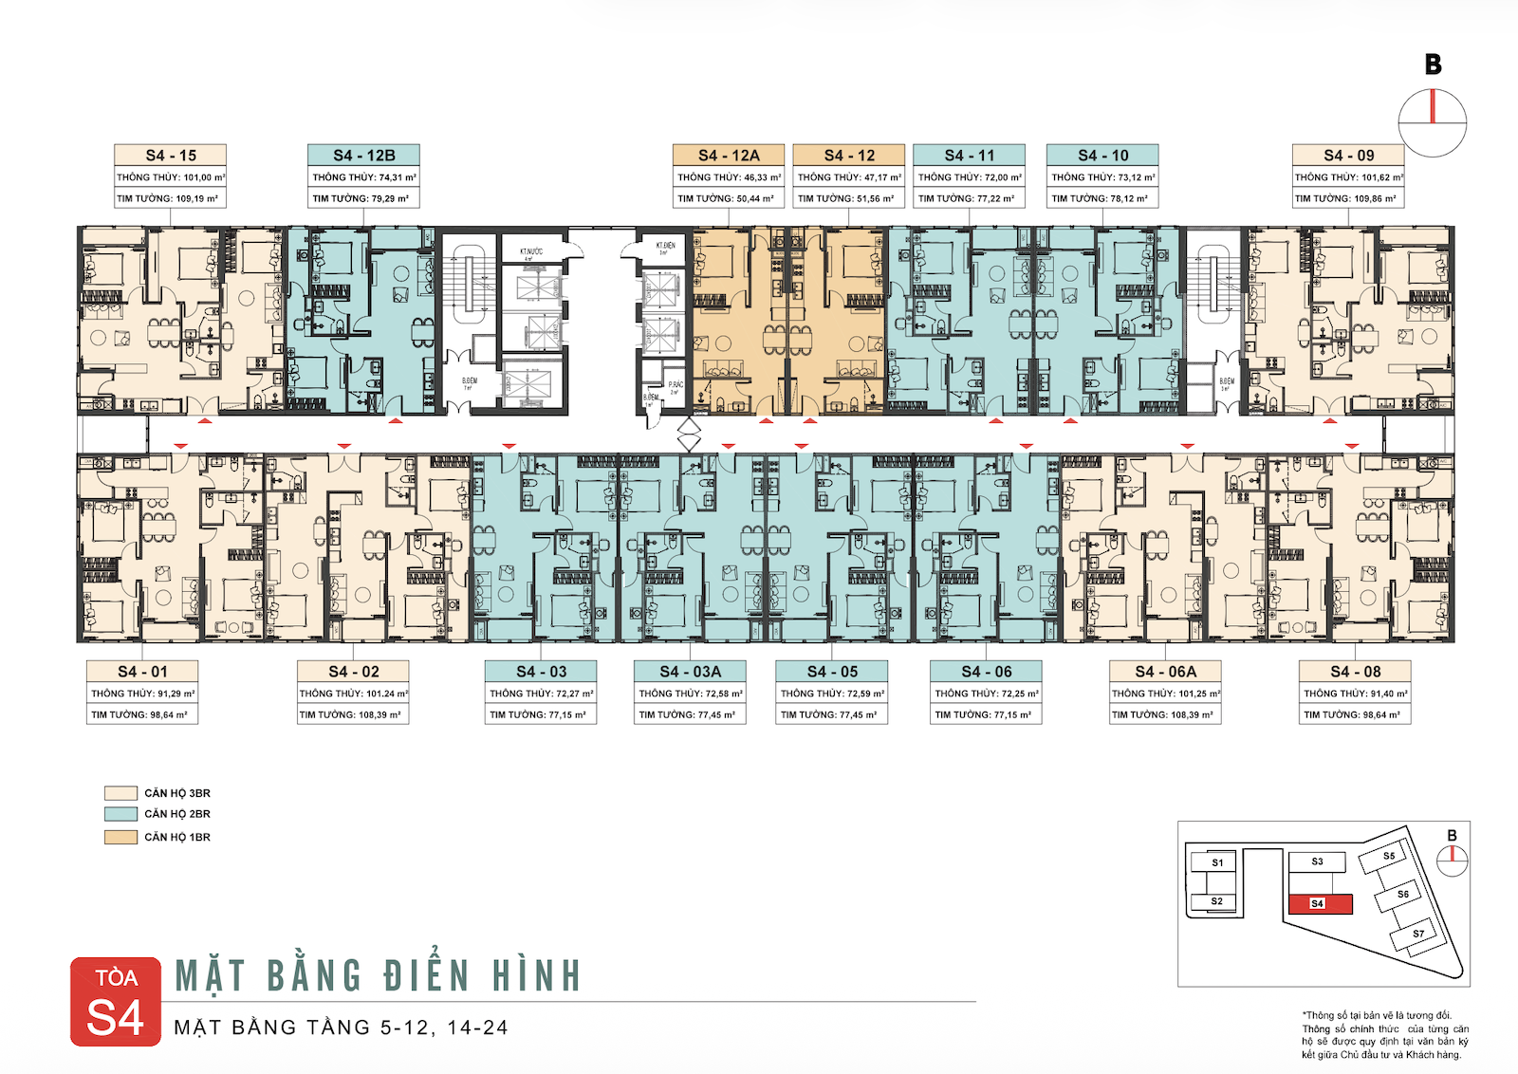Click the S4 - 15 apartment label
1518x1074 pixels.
[x=170, y=155]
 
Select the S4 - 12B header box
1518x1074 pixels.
[x=363, y=155]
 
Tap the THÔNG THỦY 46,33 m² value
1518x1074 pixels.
[x=729, y=177]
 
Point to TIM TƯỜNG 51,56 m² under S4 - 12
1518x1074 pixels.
[x=848, y=198]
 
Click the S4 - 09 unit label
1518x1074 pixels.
[x=1348, y=155]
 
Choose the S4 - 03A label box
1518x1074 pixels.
[x=690, y=671]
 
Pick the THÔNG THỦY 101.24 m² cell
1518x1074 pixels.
[x=353, y=694]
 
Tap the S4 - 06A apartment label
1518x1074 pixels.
[x=1165, y=671]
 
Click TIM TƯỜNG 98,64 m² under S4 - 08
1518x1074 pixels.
[x=1354, y=714]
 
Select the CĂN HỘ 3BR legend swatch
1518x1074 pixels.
[x=120, y=793]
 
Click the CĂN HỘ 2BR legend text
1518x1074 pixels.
[x=177, y=814]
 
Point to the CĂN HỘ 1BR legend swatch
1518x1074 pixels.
[x=120, y=837]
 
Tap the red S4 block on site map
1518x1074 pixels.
[x=1320, y=903]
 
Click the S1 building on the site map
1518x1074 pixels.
[x=1217, y=862]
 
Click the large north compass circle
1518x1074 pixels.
[x=1433, y=123]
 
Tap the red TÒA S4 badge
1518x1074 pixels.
[x=116, y=1002]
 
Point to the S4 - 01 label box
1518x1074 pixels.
[x=142, y=671]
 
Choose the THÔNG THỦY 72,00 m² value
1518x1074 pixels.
[x=969, y=177]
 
